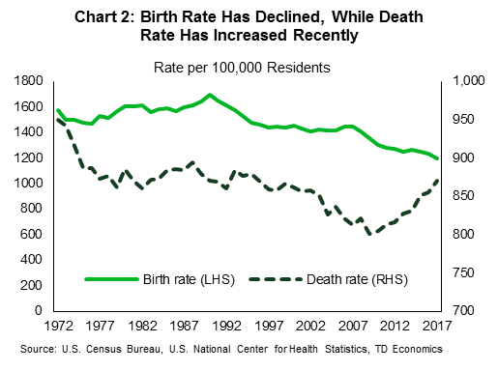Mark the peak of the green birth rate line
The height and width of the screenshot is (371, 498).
209,95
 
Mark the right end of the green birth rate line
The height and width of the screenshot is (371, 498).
437,159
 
